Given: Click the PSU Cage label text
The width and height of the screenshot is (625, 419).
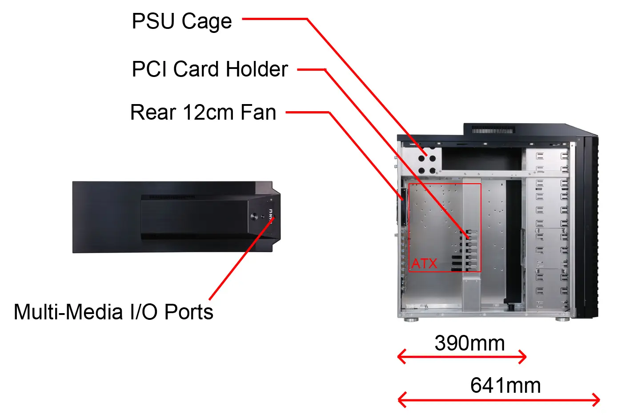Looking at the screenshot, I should tap(182, 21).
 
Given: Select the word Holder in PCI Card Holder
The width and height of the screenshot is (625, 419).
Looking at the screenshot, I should tap(257, 69).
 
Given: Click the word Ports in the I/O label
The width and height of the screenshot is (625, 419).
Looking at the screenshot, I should tap(189, 312).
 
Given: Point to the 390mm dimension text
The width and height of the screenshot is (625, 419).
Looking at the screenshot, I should tap(469, 343).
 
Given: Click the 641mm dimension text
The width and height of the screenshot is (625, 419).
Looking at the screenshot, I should tap(505, 386).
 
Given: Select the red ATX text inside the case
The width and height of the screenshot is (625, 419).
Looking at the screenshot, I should tap(424, 264).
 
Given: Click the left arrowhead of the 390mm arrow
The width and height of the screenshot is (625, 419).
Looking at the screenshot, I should tap(401, 357).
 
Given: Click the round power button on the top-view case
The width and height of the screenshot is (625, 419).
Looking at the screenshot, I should tap(254, 217).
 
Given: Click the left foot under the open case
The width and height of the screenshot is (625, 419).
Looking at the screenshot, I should tap(411, 319).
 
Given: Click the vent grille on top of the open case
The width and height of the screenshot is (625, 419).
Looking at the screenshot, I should tap(493, 130).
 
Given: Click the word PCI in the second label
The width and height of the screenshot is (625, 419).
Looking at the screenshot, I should tap(149, 69).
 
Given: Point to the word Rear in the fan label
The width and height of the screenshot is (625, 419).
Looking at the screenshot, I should tap(153, 113).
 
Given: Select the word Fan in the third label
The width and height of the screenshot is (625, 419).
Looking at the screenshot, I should tap(258, 113).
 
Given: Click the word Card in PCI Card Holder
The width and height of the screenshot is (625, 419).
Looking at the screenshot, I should tap(196, 69).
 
